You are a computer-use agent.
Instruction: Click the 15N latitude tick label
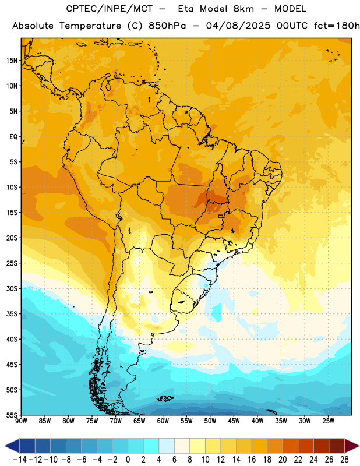click(12, 61)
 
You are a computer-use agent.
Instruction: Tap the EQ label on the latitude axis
click(13, 137)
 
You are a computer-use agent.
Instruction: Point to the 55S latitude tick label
click(12, 415)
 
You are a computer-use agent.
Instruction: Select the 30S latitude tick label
click(12, 288)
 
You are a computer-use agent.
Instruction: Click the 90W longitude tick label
click(21, 421)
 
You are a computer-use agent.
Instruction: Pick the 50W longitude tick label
click(210, 421)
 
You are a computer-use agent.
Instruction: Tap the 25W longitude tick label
click(328, 421)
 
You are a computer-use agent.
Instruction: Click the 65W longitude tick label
click(139, 421)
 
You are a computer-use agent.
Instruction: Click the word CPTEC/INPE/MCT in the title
click(109, 9)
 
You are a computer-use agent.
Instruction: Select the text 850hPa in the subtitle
click(167, 26)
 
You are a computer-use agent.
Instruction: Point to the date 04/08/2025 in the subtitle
click(238, 26)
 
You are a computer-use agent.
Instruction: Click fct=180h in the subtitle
click(337, 26)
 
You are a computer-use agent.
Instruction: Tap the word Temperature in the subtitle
click(90, 26)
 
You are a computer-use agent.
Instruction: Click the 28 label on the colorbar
click(344, 460)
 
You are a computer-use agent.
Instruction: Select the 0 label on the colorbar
click(128, 460)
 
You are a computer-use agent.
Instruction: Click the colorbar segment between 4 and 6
click(167, 446)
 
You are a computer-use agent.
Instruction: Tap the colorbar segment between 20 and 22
click(291, 446)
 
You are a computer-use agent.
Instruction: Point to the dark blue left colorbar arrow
click(12, 446)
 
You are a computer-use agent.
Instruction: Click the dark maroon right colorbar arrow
click(352, 446)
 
